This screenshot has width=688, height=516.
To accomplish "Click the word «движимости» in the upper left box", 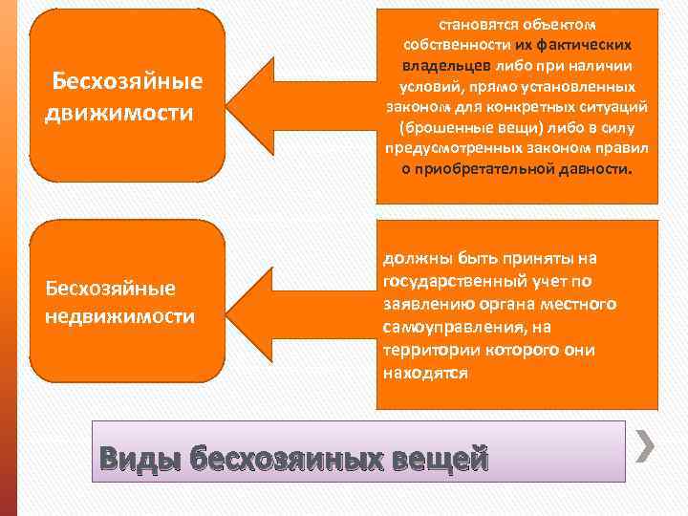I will (x=119, y=113).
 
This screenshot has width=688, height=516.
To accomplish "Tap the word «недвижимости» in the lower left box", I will (x=120, y=315).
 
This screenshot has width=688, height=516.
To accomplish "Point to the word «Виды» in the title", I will (x=139, y=459).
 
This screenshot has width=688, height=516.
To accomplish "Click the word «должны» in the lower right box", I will (x=414, y=258).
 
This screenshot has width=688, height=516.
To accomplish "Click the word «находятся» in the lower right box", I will (x=425, y=373).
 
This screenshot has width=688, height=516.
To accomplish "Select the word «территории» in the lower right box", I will (x=430, y=350).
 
